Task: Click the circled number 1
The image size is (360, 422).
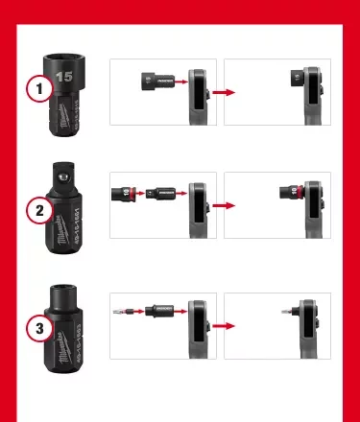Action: point(37,89)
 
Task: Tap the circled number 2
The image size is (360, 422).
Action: point(37,210)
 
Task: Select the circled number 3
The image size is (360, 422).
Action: point(37,329)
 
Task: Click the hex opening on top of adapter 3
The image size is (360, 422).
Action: point(64,291)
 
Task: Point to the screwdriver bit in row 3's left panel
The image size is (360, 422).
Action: point(124,311)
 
